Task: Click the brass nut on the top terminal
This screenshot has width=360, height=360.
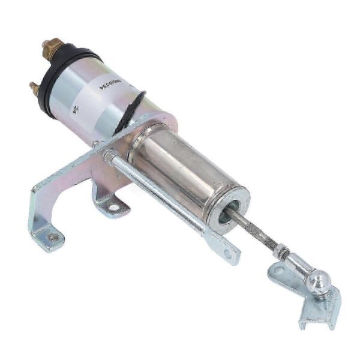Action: [x=52, y=46]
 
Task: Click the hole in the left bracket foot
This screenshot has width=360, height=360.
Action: [x=53, y=238]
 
